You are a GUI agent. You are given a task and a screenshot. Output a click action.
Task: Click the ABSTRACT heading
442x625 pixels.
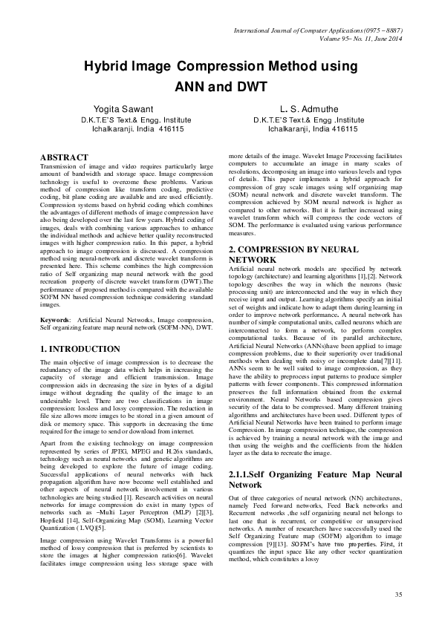coord(64,157)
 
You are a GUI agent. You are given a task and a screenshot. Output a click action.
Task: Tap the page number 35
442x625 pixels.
coord(398,595)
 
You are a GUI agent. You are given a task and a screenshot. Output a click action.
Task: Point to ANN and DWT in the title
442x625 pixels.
coord(221,85)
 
